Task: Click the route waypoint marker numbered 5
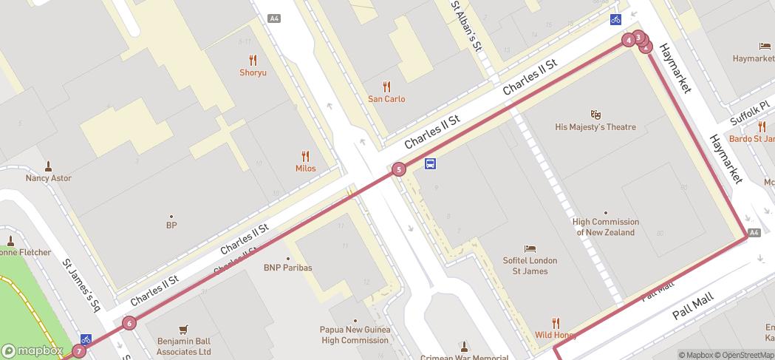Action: pos(399,169)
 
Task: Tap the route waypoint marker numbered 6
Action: pos(129,322)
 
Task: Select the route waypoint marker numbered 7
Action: pos(79,351)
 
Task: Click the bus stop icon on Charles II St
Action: pos(430,164)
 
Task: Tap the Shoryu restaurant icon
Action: pos(253,60)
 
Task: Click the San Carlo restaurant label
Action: pos(386,99)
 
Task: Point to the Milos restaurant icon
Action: pos(305,156)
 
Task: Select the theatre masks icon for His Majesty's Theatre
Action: pos(595,115)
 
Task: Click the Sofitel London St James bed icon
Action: pos(530,248)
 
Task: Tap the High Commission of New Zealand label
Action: pos(606,227)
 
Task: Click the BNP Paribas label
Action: pos(288,268)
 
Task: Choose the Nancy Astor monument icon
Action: pos(49,166)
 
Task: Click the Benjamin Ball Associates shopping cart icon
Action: pos(184,330)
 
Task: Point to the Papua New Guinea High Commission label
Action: pos(355,335)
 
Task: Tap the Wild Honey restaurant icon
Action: pos(556,323)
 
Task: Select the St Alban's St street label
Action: pos(467,26)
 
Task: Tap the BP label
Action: pos(171,225)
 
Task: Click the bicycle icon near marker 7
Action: pos(86,339)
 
